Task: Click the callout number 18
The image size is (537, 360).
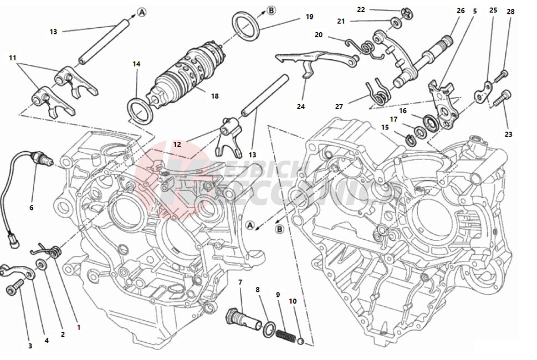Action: point(214,96)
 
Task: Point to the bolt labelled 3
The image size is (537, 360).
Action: point(14,288)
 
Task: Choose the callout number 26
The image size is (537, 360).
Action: point(461,11)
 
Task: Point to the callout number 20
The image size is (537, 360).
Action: point(318,35)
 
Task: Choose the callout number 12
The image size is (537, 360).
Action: point(177,144)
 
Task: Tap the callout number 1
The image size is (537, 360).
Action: point(78,327)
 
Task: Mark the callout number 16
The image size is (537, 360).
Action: point(403,110)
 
